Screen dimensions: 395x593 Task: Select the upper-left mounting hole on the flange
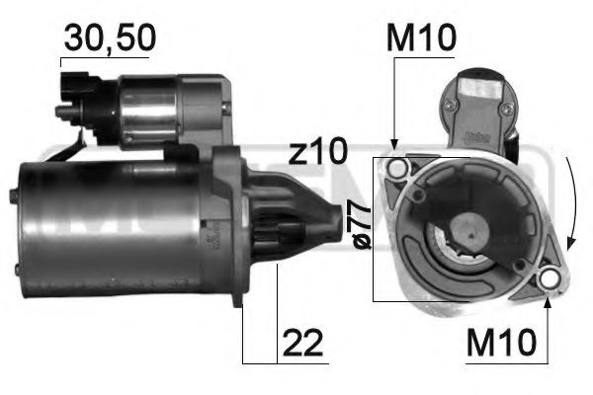pos(397,170)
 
